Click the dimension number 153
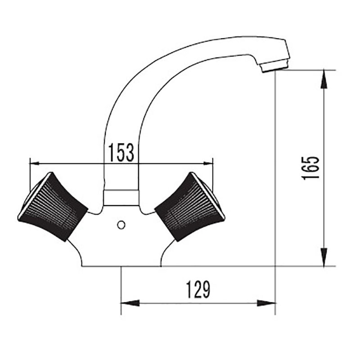click(x=121, y=153)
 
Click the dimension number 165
click(x=310, y=168)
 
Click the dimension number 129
click(x=198, y=289)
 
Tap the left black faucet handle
click(x=53, y=207)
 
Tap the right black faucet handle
click(x=189, y=207)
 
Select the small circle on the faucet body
click(x=121, y=225)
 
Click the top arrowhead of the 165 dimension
click(x=324, y=79)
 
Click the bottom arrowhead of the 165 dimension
click(x=324, y=257)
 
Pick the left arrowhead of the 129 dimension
click(x=130, y=303)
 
